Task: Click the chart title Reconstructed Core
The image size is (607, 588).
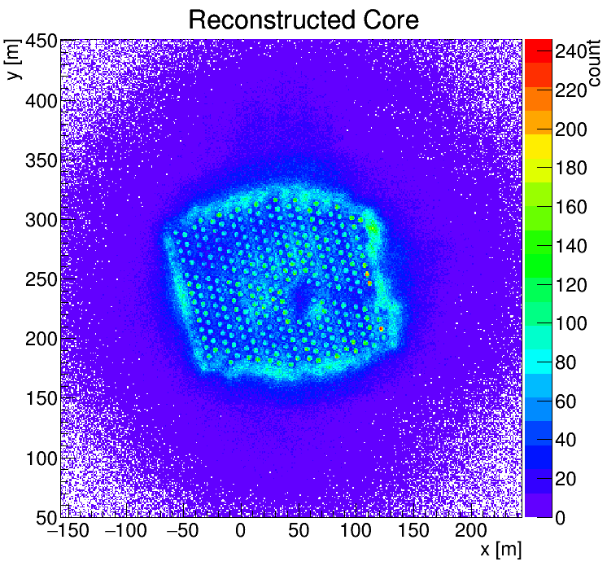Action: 303,20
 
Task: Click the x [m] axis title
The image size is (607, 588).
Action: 500,550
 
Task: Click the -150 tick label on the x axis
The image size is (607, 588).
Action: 68,531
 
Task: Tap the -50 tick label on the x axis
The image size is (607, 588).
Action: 183,531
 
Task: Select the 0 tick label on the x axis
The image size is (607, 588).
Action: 240,531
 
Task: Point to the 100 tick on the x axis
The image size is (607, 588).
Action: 356,531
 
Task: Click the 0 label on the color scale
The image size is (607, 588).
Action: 561,518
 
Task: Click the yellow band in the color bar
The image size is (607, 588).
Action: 538,146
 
